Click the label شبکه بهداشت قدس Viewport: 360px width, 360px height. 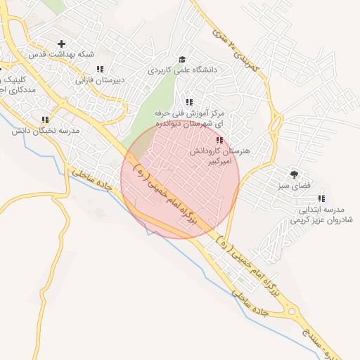point(57,54)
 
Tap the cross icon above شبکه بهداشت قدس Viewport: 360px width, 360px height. point(62,44)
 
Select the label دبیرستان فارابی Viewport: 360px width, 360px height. point(101,80)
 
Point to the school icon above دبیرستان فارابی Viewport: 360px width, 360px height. point(101,69)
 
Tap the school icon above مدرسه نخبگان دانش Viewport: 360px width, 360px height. point(46,120)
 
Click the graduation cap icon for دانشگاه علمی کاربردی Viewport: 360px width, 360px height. point(182,60)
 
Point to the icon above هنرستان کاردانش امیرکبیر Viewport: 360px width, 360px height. point(219,141)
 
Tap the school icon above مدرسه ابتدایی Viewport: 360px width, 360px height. point(322,199)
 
